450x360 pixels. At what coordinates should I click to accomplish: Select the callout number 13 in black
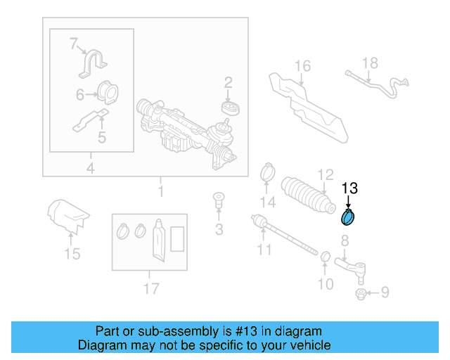[349, 188]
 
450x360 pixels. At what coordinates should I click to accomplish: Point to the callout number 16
[302, 67]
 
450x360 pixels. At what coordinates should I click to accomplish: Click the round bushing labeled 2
[229, 108]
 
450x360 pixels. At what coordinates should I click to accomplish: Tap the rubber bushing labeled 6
[107, 94]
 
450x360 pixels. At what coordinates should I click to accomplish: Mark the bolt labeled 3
[218, 201]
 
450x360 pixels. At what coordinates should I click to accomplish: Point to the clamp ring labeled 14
[267, 171]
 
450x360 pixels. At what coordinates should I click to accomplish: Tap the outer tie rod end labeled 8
[352, 266]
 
